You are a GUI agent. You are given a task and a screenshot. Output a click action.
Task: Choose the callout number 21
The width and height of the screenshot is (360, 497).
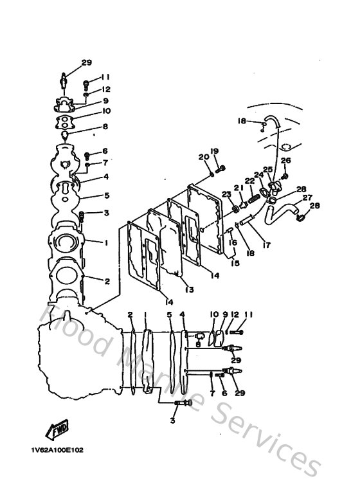click(237, 188)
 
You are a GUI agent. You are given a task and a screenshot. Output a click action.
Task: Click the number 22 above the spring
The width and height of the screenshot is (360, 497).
click(249, 181)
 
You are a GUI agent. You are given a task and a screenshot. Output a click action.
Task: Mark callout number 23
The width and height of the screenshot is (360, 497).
click(226, 194)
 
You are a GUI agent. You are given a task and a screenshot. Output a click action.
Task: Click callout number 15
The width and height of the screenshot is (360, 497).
click(234, 263)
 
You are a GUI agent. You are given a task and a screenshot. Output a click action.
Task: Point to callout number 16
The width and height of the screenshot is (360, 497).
click(233, 242)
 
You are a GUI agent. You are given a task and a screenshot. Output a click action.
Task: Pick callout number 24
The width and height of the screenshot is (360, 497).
click(258, 174)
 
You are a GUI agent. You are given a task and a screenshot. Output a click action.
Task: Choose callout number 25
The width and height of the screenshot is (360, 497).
click(268, 170)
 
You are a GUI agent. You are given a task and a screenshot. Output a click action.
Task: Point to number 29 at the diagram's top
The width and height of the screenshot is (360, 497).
click(87, 62)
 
